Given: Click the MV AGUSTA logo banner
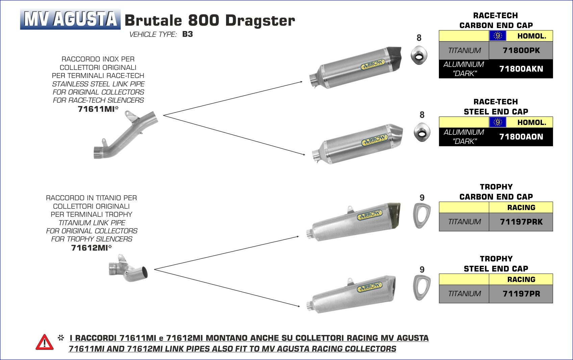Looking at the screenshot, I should [x=70, y=19].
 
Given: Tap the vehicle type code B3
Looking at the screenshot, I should [x=188, y=34].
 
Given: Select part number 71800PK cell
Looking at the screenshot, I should [x=521, y=51].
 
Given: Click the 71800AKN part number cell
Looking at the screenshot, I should [x=521, y=69].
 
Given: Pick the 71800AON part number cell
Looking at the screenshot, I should [x=521, y=137].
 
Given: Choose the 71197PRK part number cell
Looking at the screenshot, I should [x=521, y=222].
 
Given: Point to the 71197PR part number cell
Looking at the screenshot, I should [x=521, y=294].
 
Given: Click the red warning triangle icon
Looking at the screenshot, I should [x=45, y=342].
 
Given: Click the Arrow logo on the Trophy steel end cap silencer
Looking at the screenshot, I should [x=369, y=287].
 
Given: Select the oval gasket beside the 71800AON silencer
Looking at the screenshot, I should [x=422, y=132].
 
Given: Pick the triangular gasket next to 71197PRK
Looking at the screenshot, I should [x=422, y=215].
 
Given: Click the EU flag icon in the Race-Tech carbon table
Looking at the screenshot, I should [x=497, y=36].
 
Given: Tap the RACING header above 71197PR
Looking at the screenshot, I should [x=521, y=279].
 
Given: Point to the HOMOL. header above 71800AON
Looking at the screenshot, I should [x=531, y=122].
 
